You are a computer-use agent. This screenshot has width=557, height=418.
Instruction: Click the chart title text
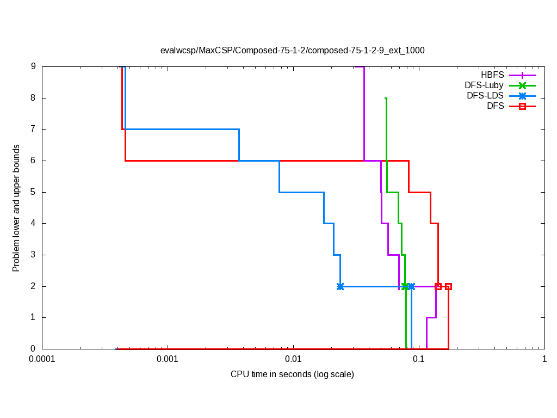point(292,50)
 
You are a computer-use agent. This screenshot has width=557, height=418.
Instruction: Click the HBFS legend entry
point(492,75)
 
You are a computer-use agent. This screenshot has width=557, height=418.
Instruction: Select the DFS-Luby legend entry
point(484,85)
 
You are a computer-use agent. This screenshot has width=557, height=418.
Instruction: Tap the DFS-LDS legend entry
point(485,96)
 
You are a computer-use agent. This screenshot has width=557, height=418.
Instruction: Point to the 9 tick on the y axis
point(33,67)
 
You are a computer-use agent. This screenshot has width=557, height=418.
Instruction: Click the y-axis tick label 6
point(33,161)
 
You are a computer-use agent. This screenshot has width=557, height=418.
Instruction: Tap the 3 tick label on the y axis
point(33,255)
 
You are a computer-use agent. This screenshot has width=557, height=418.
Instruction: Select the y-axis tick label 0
point(33,349)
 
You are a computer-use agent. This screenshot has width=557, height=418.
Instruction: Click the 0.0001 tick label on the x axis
point(42,360)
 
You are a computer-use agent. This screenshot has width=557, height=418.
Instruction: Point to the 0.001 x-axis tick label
point(168,360)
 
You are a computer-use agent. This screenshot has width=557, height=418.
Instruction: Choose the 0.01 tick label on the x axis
point(293,360)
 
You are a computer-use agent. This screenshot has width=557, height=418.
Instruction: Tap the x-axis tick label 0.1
point(419,360)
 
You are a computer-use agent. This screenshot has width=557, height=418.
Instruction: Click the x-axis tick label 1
point(544,360)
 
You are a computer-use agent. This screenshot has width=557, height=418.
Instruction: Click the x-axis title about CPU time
point(292,374)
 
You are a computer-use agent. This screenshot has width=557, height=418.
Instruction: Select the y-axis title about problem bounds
point(16,208)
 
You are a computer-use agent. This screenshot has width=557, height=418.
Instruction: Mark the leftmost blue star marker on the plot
point(340,286)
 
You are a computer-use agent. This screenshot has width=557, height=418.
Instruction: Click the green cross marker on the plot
point(405,286)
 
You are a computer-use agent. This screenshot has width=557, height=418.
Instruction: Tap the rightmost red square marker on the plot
point(448,286)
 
